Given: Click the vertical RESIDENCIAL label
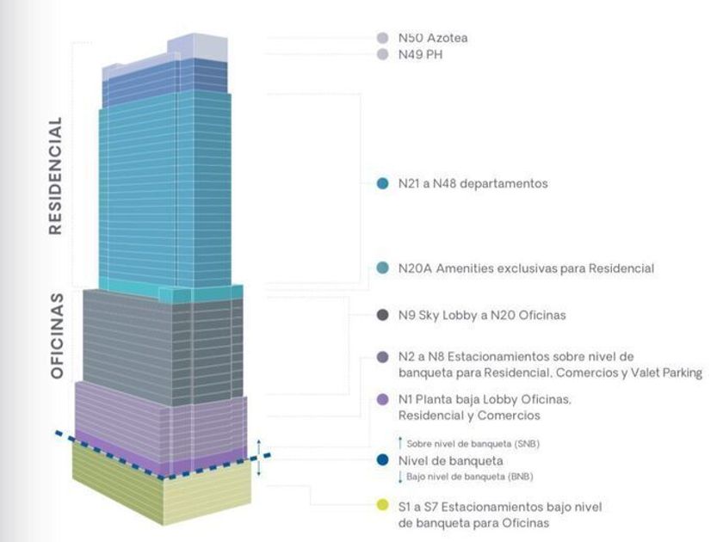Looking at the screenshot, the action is [55, 176].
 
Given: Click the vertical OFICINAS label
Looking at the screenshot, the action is [58, 336].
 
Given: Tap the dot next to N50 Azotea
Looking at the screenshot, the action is [383, 38].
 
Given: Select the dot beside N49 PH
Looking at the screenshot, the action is [383, 54].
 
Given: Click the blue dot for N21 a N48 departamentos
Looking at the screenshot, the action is [383, 183].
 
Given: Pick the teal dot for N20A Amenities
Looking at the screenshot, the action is [383, 268].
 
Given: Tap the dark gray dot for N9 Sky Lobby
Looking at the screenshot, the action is [383, 315].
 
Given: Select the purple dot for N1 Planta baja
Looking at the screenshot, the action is [383, 400].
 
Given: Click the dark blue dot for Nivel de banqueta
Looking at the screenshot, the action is [383, 460].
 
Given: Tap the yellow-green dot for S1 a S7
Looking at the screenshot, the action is [383, 507].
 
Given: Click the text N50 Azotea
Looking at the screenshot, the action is [433, 38].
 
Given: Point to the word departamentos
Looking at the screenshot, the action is [504, 183].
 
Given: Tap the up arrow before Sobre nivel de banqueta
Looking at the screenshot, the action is [400, 443].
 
